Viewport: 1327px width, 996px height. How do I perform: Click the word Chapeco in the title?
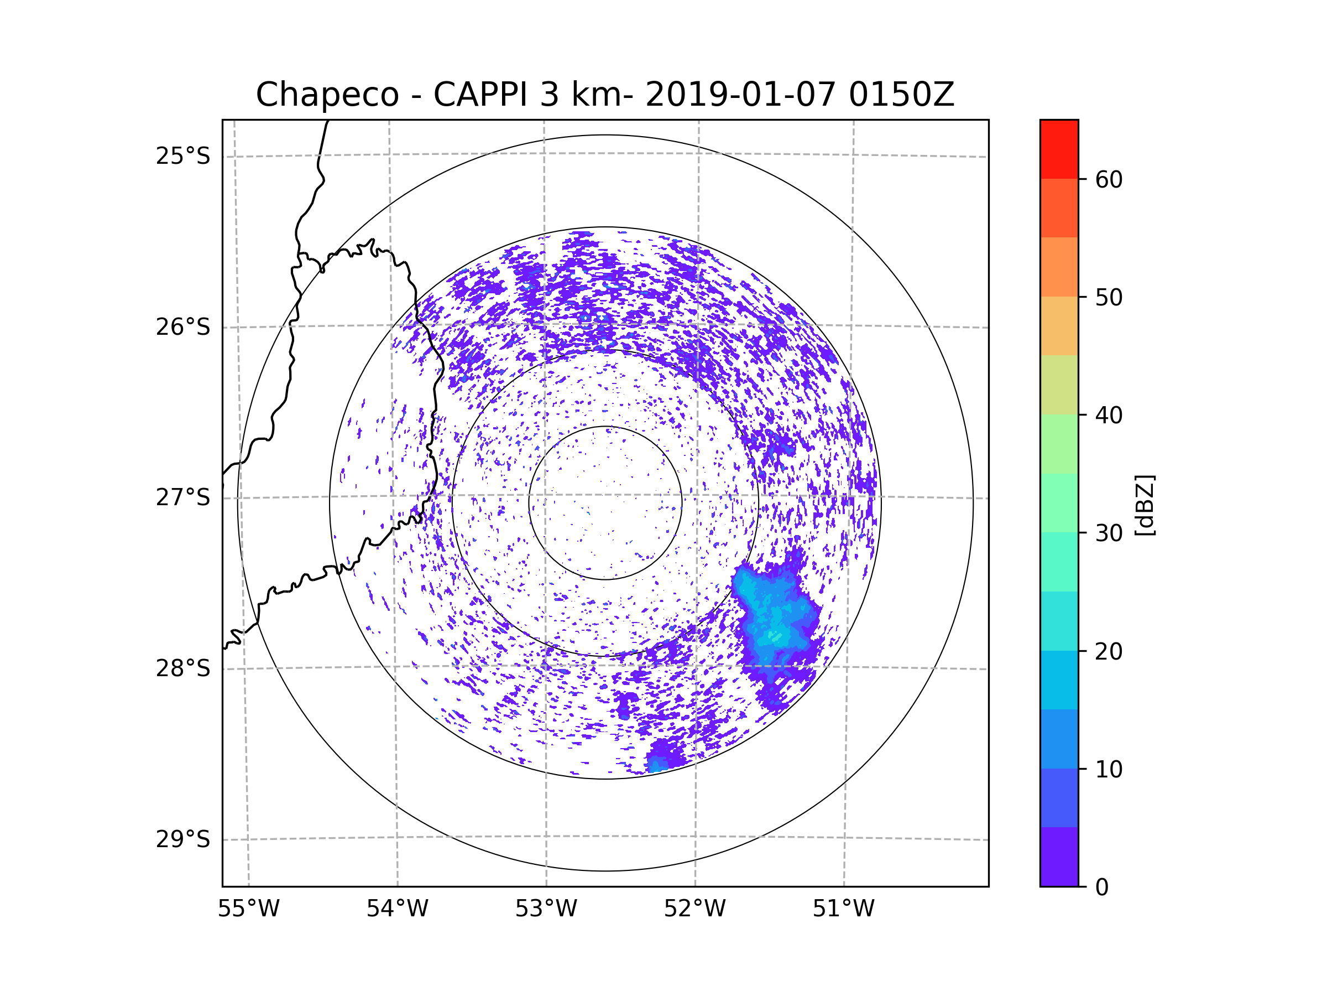click(x=327, y=95)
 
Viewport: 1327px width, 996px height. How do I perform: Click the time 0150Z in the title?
click(x=901, y=95)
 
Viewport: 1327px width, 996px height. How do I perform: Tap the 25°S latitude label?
click(x=183, y=156)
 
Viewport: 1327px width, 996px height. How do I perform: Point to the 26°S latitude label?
click(x=183, y=327)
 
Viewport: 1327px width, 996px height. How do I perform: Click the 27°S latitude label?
click(x=183, y=497)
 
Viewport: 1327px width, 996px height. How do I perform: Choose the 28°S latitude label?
click(x=183, y=668)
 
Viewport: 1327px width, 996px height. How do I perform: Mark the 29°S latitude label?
click(x=183, y=839)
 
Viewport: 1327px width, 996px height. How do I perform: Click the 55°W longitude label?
click(x=248, y=909)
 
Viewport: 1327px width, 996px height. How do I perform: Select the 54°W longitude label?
click(x=397, y=909)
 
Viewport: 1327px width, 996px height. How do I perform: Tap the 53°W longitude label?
click(x=546, y=909)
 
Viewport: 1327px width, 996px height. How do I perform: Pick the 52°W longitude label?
click(x=694, y=909)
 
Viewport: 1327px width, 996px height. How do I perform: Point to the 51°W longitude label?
click(x=843, y=909)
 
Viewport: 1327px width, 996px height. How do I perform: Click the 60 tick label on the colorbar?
click(x=1109, y=179)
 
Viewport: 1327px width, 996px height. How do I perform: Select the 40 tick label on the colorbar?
click(x=1109, y=415)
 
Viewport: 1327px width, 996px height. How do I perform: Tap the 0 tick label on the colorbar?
click(x=1102, y=888)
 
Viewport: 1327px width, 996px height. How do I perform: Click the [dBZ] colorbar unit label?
click(x=1145, y=506)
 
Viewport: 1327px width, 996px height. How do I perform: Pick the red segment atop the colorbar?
click(x=1059, y=149)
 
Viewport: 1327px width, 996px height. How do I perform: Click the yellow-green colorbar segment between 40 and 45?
click(x=1059, y=385)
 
